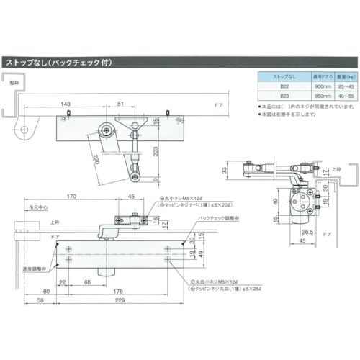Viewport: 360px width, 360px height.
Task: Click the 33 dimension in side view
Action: (224, 170)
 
